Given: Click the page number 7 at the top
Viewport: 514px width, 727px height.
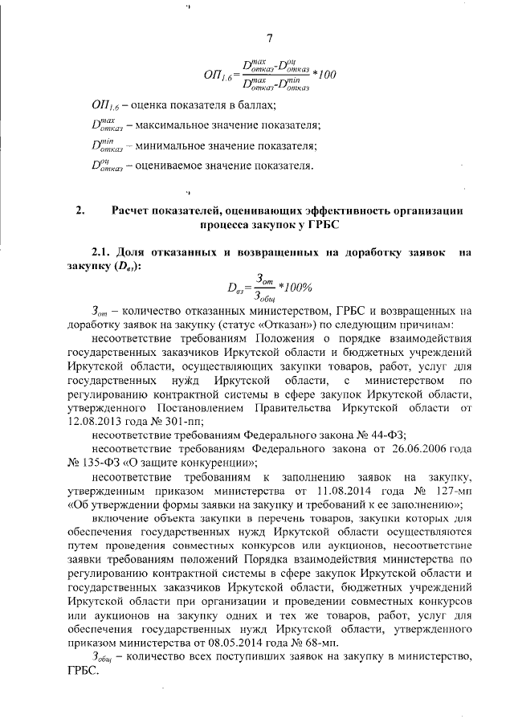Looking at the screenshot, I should tap(270, 39).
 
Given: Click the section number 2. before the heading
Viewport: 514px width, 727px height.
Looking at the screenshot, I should tap(80, 211).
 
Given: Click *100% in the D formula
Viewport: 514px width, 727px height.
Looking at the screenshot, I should tap(295, 287).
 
